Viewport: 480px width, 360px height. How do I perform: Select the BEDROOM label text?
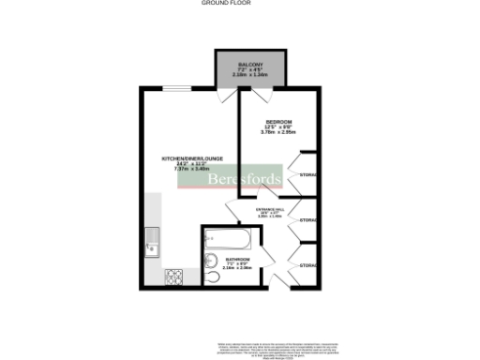coord(278,123)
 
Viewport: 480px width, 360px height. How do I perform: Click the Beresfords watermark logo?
coord(239,179)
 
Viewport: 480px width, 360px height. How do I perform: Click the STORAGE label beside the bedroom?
coord(307,175)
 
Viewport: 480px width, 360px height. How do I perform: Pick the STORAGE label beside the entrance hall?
coord(307,220)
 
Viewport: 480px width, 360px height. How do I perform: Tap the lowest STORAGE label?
coord(307,265)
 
